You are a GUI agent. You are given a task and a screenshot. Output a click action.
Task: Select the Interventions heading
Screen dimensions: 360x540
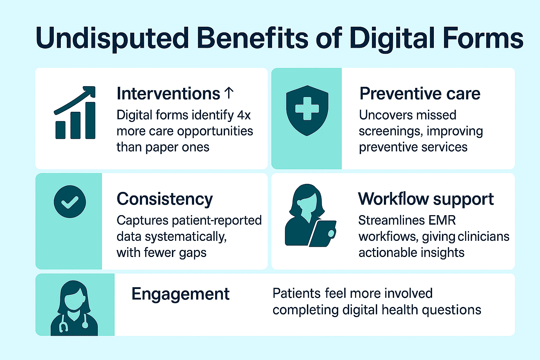[168, 94]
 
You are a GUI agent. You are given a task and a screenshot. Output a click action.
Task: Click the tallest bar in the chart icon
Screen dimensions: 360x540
[90, 120]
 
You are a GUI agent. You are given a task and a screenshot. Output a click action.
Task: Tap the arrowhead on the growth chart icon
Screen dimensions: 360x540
[90, 91]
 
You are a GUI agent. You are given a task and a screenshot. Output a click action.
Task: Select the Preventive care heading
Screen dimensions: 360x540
[420, 94]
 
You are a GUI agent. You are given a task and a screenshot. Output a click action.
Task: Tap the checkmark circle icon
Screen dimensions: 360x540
[70, 201]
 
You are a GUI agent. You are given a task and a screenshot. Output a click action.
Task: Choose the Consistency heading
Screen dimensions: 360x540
[165, 199]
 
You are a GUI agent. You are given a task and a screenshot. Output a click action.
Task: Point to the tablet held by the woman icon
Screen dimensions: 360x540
[322, 233]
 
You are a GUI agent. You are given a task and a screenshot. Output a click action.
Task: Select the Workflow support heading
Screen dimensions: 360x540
[426, 199]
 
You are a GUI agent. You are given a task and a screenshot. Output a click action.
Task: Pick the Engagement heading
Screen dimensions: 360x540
[180, 294]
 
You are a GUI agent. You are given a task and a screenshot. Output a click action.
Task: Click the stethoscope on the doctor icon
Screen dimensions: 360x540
[64, 325]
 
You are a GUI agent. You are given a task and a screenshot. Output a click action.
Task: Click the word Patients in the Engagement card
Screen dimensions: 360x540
[296, 293]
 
